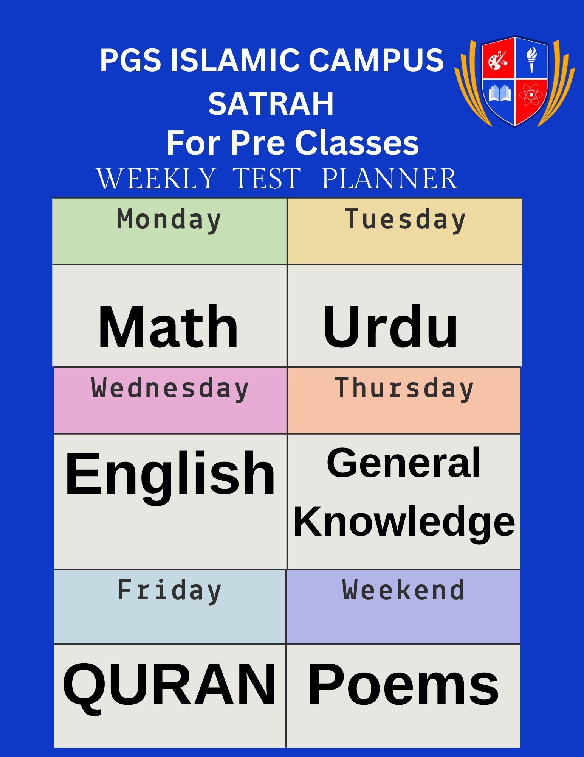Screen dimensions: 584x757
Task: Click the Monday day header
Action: tap(169, 220)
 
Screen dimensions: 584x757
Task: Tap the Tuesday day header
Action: tap(405, 220)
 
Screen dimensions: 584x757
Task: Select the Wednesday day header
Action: tap(170, 389)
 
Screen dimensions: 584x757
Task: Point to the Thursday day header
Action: tap(404, 389)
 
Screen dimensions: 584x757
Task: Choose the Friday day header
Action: tap(169, 590)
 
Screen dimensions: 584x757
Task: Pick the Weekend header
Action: tap(403, 590)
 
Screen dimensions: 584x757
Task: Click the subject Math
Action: tap(168, 326)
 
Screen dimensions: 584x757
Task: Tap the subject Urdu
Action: tap(390, 326)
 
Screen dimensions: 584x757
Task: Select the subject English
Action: tap(170, 477)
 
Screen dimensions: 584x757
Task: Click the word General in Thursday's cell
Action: tap(404, 462)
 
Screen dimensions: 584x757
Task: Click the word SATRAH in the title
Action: tap(271, 103)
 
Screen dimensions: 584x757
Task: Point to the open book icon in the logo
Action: tap(500, 94)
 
